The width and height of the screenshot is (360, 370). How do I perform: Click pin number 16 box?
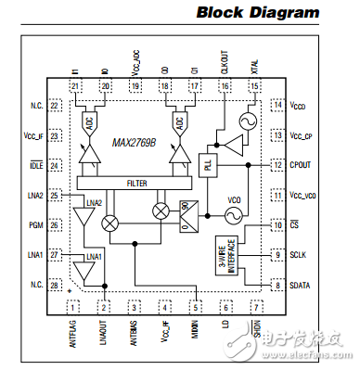click(225, 86)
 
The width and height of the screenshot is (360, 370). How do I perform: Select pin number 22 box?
click(54, 107)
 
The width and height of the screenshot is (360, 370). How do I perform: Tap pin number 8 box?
click(276, 285)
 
